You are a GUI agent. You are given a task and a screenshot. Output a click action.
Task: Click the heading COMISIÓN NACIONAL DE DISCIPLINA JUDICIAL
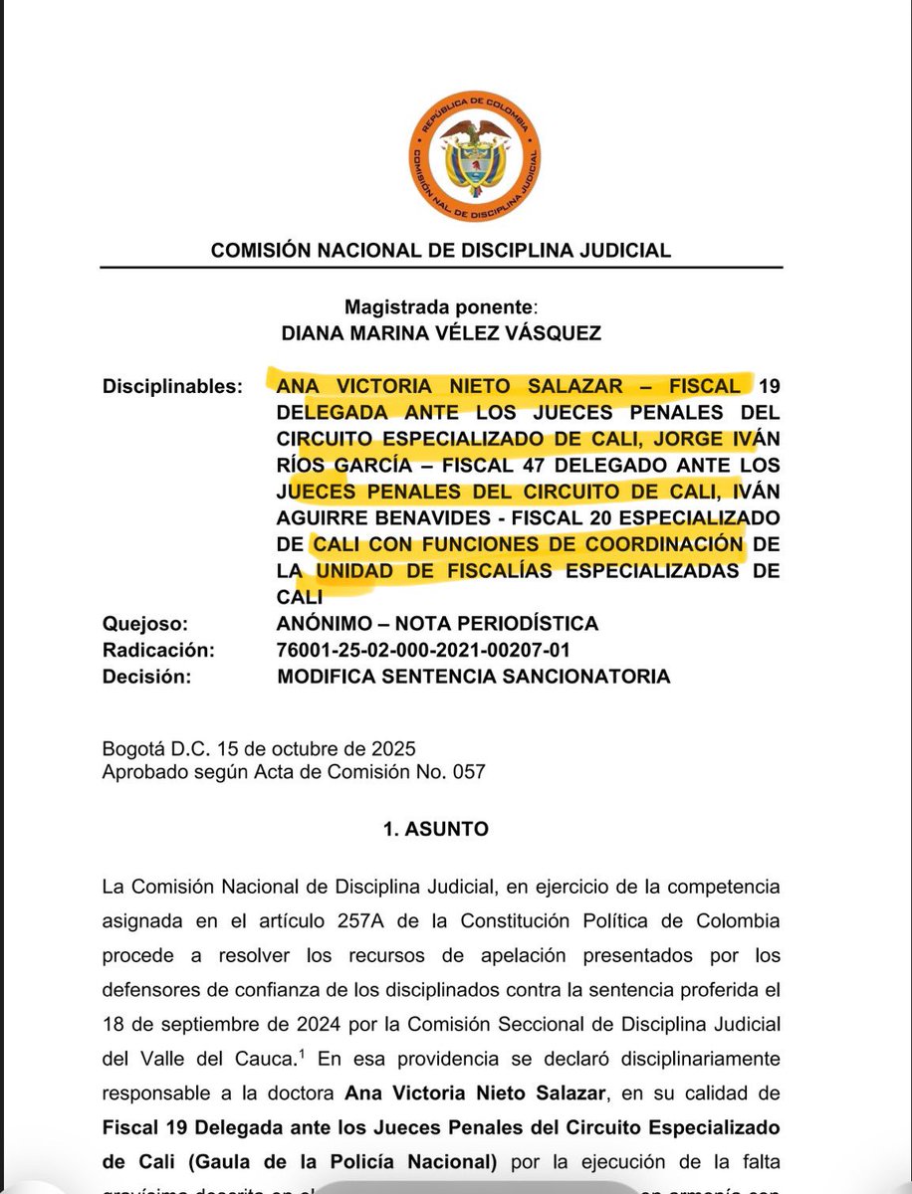[441, 251]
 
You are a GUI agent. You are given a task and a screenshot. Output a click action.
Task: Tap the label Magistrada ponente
[440, 307]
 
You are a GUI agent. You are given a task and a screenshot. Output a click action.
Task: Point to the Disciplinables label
[171, 385]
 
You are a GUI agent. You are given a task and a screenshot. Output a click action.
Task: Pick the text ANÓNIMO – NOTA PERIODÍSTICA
[438, 624]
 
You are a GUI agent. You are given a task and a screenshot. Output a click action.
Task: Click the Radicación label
[158, 650]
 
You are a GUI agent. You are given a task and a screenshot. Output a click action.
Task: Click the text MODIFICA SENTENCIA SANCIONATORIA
[475, 677]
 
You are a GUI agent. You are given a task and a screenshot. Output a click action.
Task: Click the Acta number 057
[469, 771]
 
